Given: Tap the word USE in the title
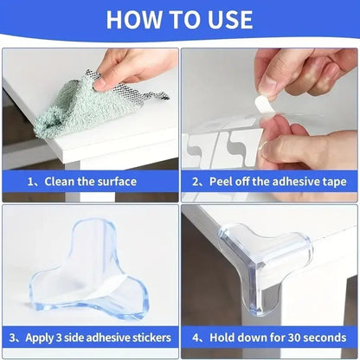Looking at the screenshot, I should click(226, 19).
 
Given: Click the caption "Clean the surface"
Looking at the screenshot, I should click(90, 182).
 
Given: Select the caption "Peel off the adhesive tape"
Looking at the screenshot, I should click(269, 182).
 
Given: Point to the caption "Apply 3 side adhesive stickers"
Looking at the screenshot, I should click(90, 337).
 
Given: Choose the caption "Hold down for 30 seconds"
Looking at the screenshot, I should click(269, 337).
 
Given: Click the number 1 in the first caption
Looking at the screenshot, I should click(32, 182).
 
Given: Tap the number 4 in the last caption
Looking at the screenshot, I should click(195, 337).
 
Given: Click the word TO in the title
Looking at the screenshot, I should click(181, 19).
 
